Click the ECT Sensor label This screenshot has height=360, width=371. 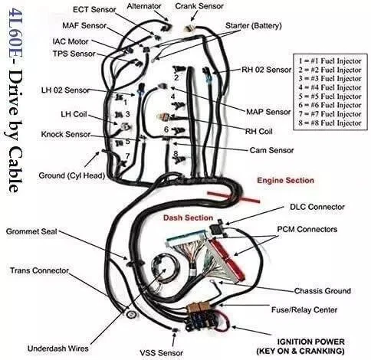tap(96, 10)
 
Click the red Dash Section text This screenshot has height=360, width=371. tap(186, 218)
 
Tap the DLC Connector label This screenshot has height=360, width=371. tap(315, 207)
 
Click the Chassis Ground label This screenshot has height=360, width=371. tap(322, 291)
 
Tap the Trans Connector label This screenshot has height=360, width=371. tap(41, 270)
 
